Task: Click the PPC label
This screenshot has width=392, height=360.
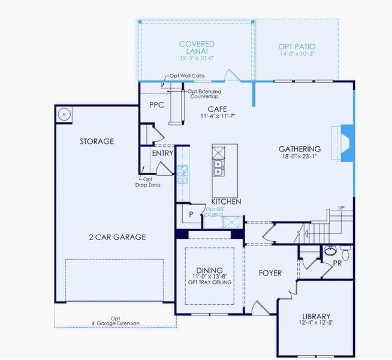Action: tap(156, 104)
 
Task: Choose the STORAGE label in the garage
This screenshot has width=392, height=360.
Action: tap(97, 142)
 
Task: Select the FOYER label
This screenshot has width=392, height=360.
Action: tap(270, 273)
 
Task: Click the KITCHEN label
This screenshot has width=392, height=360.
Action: tap(226, 202)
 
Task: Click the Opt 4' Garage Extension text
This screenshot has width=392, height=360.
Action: tap(115, 321)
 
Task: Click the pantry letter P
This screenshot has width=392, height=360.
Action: tap(191, 214)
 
